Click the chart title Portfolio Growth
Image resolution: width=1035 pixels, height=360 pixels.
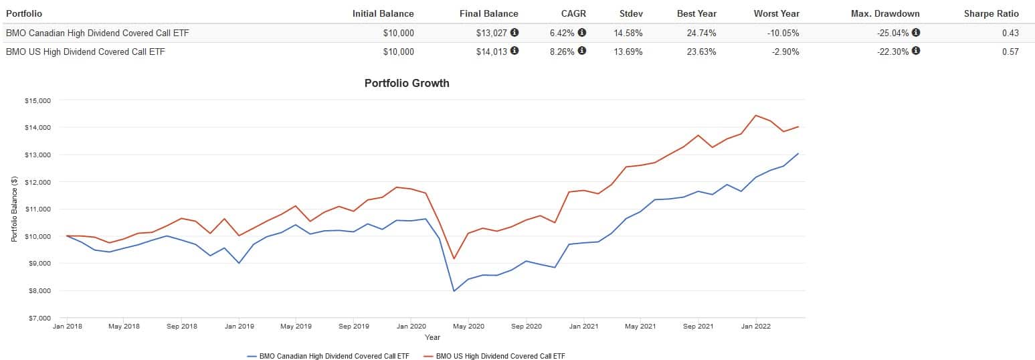pos(407,84)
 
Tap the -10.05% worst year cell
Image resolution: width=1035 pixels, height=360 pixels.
pos(781,33)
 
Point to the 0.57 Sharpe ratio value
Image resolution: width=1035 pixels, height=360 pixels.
pos(1010,52)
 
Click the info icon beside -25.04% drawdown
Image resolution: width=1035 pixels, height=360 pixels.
pos(916,32)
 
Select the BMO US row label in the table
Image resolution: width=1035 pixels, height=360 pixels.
pos(85,52)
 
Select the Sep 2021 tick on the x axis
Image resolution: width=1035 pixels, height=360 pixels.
pos(698,327)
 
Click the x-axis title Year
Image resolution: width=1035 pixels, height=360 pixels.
pos(433,337)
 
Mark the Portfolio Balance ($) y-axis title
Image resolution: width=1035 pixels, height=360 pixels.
pos(14,209)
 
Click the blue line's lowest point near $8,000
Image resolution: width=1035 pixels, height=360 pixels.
pos(454,291)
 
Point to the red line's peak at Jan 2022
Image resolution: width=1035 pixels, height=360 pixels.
pos(756,115)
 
